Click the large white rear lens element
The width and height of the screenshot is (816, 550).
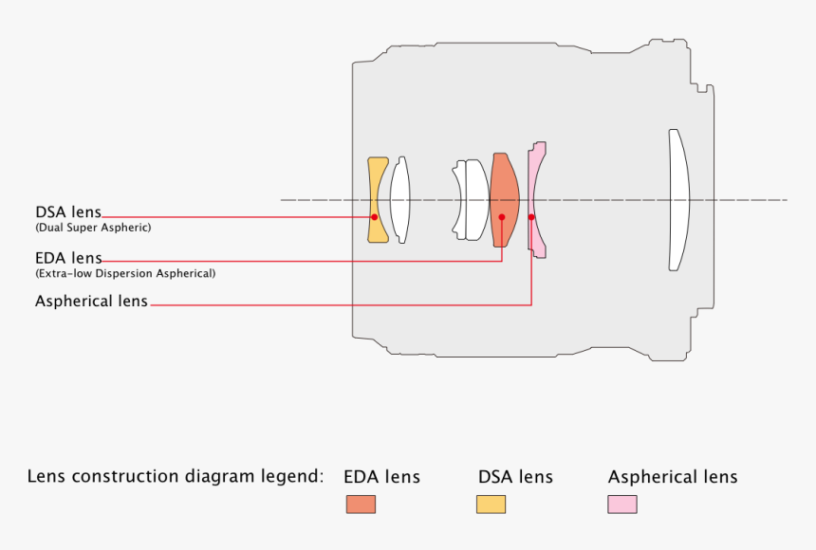tap(677, 200)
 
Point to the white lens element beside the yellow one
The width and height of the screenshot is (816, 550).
tap(400, 199)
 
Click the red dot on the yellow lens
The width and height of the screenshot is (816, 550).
tap(375, 217)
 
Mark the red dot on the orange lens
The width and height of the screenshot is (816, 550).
tap(502, 217)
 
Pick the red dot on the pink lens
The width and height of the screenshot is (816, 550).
tap(531, 217)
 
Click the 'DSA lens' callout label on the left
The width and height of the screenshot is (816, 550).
tap(68, 211)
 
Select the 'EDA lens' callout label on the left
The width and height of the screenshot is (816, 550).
tap(68, 257)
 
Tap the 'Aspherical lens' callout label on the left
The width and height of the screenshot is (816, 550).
tap(91, 302)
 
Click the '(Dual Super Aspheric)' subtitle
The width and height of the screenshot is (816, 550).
tap(93, 228)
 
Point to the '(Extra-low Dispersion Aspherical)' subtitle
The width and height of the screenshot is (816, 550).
tap(125, 273)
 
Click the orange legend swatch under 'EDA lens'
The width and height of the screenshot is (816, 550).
tap(361, 504)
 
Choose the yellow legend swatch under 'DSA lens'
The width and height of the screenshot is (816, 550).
tap(491, 504)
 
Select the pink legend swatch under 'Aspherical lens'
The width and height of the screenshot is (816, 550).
tap(622, 504)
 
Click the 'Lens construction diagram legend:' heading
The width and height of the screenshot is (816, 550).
tap(176, 476)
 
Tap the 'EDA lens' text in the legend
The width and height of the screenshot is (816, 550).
tap(381, 477)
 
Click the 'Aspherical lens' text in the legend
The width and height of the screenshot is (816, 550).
tap(673, 477)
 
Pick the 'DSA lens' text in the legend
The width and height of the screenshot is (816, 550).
tap(515, 477)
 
